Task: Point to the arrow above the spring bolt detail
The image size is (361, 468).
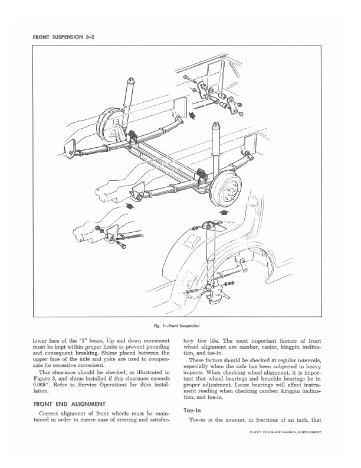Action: [130, 207]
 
